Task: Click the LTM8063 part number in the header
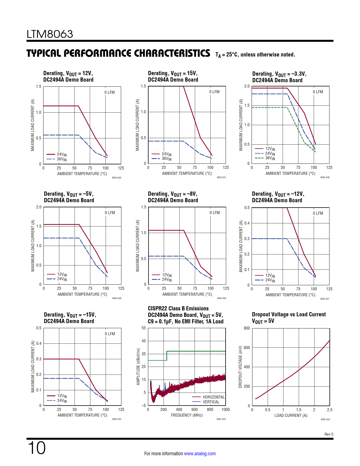coord(50,34)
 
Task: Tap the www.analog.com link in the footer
coord(200,454)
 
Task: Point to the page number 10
coord(36,448)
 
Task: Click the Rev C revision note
coord(329,434)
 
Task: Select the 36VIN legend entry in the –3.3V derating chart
coord(270,158)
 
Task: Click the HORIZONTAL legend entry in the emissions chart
coord(213,397)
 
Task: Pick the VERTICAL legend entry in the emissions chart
coord(211,402)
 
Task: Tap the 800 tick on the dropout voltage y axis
coord(247,328)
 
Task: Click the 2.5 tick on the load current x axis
coord(330,410)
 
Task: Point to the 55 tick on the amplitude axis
coord(144,328)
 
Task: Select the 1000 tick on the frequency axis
coord(226,410)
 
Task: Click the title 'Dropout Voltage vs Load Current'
coord(289,314)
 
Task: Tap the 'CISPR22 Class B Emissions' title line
coord(178,308)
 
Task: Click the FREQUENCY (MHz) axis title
coord(187,415)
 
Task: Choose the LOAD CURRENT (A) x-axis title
coord(291,415)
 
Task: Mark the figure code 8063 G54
coord(325,419)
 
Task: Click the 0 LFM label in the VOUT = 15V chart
coord(214,92)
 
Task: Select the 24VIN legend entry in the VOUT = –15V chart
coord(62,401)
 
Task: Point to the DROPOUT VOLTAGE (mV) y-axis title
coord(241,367)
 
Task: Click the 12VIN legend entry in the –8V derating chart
coord(167,275)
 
